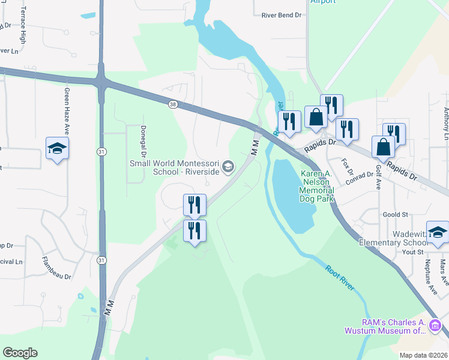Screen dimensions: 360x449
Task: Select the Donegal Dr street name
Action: pyautogui.click(x=143, y=131)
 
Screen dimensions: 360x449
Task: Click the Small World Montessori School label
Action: pyautogui.click(x=173, y=168)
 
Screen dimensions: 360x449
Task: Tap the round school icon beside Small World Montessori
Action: pyautogui.click(x=228, y=166)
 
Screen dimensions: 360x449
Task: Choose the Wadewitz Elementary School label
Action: pyautogui.click(x=393, y=238)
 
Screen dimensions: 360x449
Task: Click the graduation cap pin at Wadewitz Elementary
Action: pyautogui.click(x=438, y=232)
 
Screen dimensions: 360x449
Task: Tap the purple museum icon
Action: pyautogui.click(x=435, y=326)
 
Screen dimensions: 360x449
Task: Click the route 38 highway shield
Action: pyautogui.click(x=173, y=104)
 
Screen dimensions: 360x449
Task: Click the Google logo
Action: pyautogui.click(x=20, y=353)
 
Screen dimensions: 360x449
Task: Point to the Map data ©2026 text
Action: pyautogui.click(x=423, y=355)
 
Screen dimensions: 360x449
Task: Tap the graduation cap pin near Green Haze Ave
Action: pyautogui.click(x=57, y=148)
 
